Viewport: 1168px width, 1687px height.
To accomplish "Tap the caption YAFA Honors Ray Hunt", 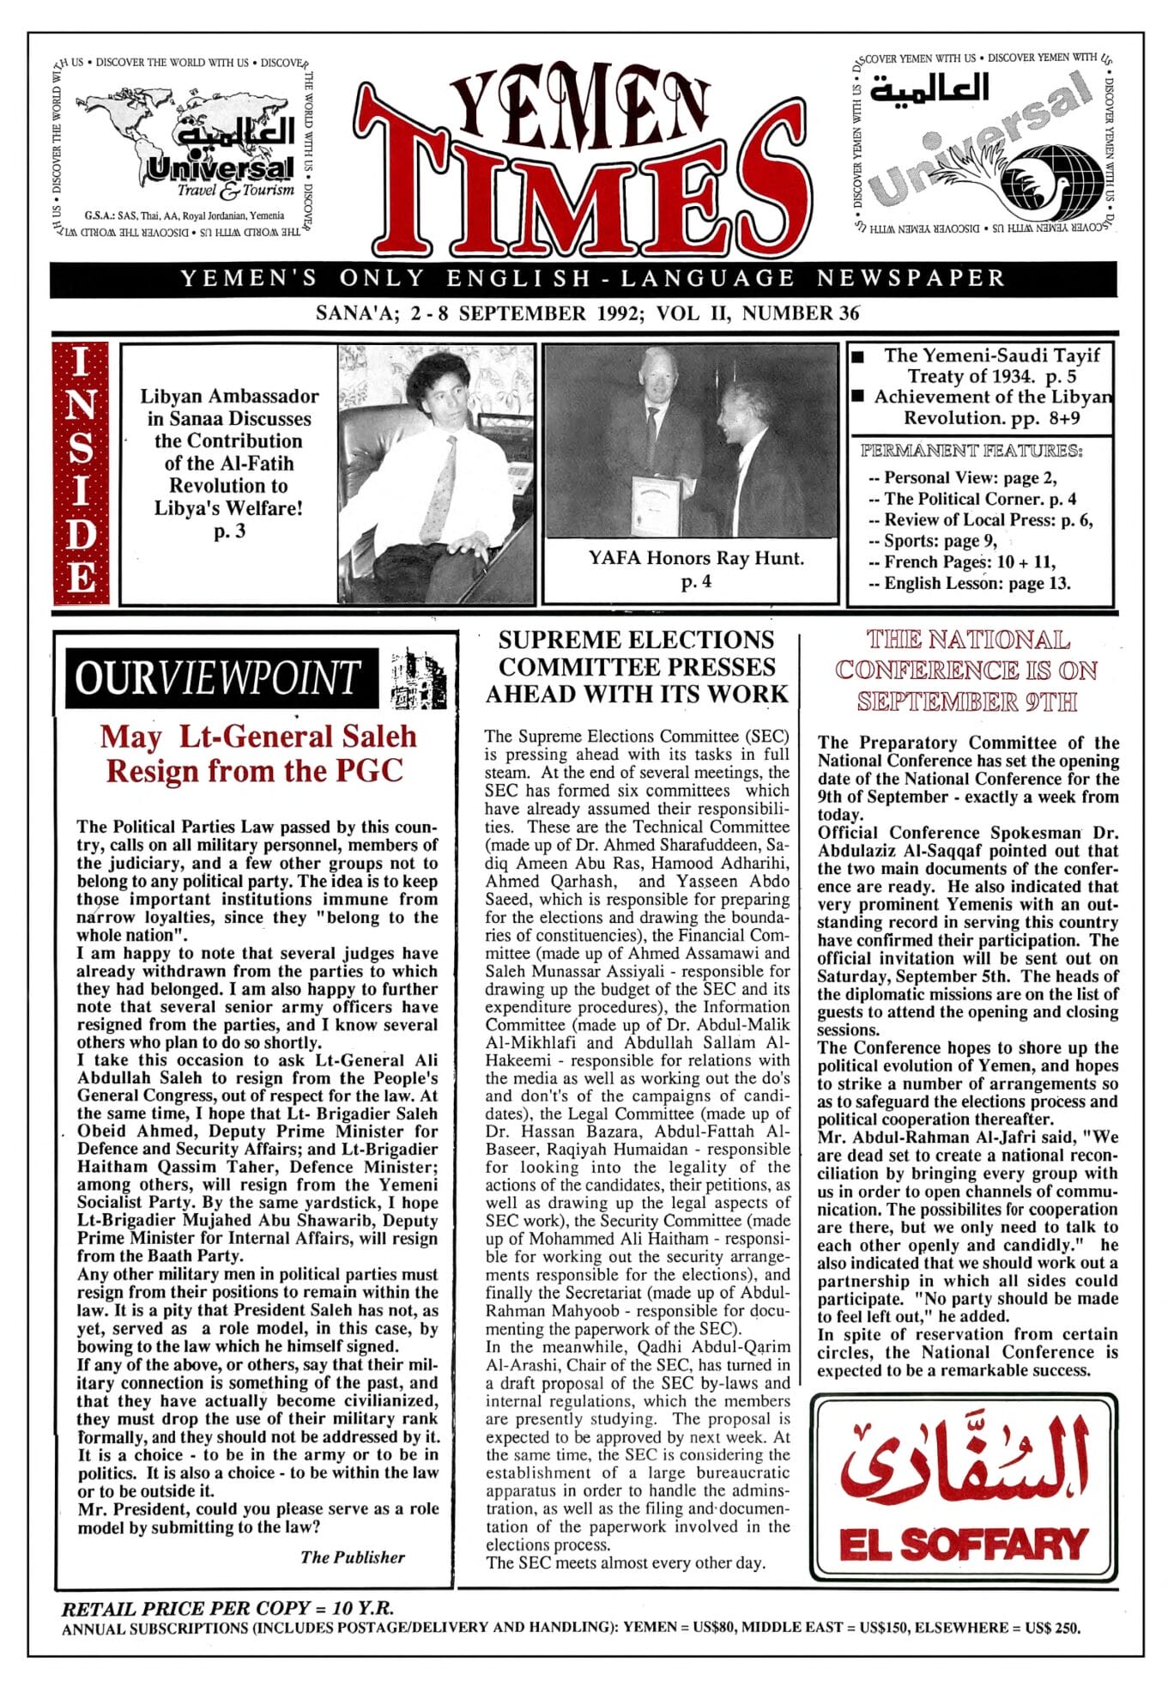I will tap(695, 558).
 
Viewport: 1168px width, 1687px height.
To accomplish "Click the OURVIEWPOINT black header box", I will tap(221, 678).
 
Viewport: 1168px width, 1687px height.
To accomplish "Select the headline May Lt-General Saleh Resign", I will tap(257, 754).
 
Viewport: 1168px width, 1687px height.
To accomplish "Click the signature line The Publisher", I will tap(352, 1557).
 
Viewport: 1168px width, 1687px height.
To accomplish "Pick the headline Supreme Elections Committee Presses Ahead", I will tap(636, 667).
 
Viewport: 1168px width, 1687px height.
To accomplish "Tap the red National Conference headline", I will tap(966, 671).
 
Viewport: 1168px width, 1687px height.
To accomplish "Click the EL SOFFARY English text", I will tap(964, 1544).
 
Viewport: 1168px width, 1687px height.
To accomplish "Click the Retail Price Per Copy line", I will tap(227, 1608).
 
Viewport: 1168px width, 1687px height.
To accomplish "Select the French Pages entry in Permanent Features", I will tap(962, 562).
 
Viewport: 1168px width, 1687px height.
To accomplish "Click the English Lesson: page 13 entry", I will tap(970, 584).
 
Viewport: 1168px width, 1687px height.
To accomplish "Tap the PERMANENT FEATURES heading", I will tap(971, 451).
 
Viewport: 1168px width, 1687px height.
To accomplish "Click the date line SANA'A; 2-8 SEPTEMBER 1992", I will tap(587, 313).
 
